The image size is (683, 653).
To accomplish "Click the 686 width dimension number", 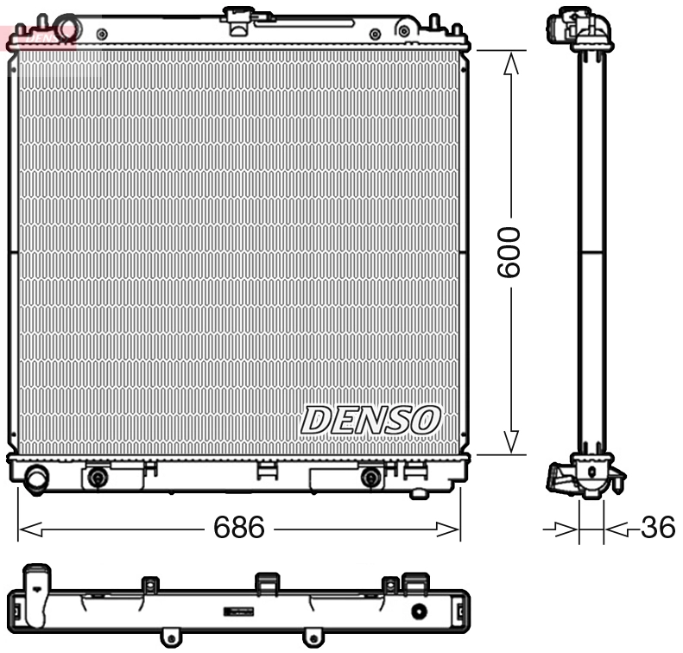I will point(239,527).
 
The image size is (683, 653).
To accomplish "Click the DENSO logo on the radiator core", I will point(370,421).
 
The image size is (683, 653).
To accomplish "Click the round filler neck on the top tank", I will point(66,27).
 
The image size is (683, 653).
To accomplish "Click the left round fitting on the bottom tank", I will point(98,477).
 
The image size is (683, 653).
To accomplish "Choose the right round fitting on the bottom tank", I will point(370,477).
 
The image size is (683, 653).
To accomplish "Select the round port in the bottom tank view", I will point(420,612).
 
